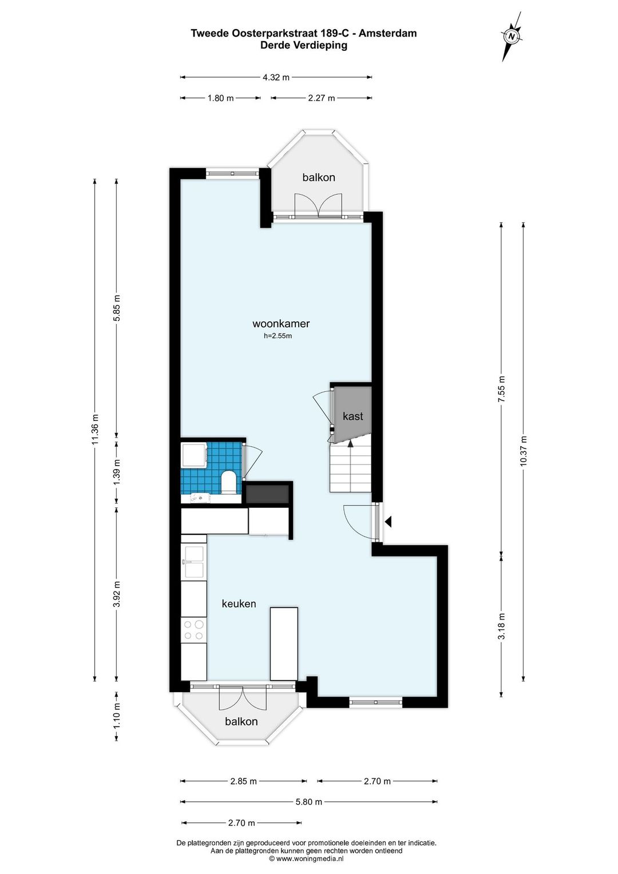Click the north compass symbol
pos(512,37)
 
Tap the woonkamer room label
pos(281,323)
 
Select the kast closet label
pos(352,416)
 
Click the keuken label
pos(239,604)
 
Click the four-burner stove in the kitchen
pos(194,630)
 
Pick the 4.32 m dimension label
pos(276,77)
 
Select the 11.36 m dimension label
pos(96,430)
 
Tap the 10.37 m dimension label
pos(524,451)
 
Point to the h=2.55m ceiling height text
pos(278,336)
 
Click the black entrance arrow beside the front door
pos(389,521)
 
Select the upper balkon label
pos(319,177)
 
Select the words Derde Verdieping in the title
pos(304,45)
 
